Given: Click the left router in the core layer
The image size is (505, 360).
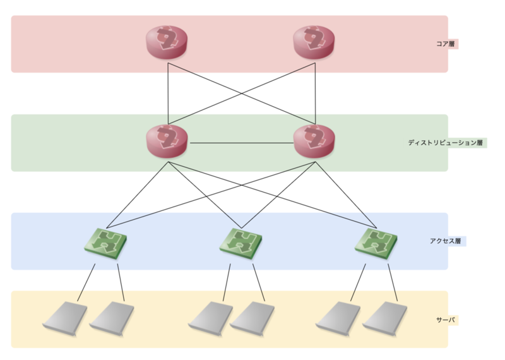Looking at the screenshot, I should pyautogui.click(x=168, y=43).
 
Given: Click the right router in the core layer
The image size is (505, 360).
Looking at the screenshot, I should pyautogui.click(x=314, y=43).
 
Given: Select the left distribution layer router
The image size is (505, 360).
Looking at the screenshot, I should pyautogui.click(x=168, y=141).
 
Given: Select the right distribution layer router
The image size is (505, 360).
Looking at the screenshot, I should pyautogui.click(x=314, y=141).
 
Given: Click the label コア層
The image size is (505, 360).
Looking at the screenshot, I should pyautogui.click(x=446, y=44).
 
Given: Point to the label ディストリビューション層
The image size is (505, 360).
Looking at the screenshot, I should pyautogui.click(x=446, y=143).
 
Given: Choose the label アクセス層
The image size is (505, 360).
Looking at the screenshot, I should pyautogui.click(x=446, y=241).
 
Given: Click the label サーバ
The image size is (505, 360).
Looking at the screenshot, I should pyautogui.click(x=446, y=320).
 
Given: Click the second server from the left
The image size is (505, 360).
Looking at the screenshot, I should pyautogui.click(x=112, y=317).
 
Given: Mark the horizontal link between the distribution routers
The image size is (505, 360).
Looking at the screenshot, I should pyautogui.click(x=241, y=143).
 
